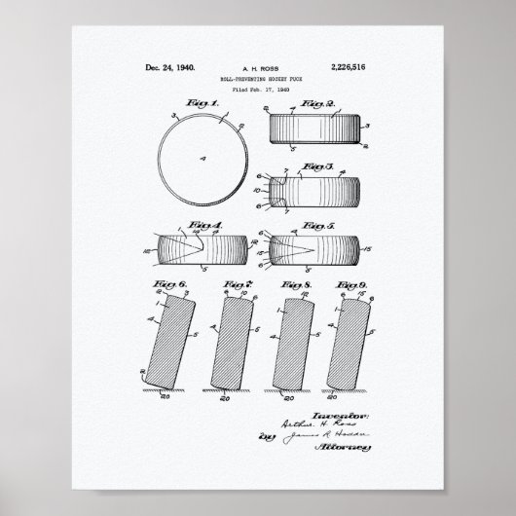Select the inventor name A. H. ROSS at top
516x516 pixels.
coord(257,69)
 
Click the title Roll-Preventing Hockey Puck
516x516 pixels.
coord(257,80)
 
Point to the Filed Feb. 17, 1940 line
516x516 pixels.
coord(257,91)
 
